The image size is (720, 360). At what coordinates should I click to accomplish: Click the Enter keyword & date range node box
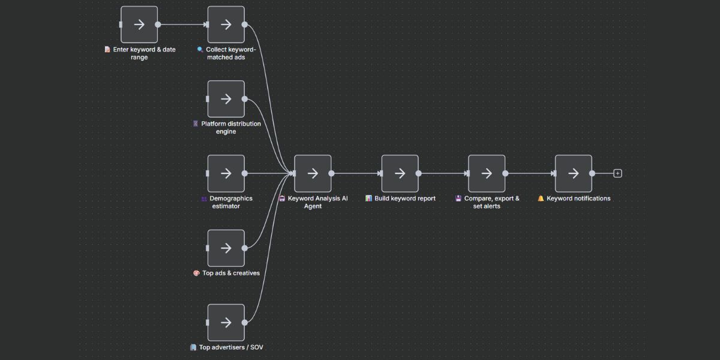[x=139, y=25]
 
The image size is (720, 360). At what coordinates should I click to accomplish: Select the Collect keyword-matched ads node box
[x=226, y=25]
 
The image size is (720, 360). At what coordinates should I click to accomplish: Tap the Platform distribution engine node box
[x=226, y=99]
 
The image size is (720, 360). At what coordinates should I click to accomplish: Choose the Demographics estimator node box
[x=226, y=173]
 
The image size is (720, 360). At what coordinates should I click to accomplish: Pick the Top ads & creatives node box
[x=226, y=248]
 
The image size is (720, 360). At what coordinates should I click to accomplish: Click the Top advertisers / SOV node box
[x=226, y=322]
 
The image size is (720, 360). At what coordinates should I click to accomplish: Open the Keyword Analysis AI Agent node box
[x=313, y=173]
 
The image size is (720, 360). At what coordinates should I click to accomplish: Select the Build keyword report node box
[x=400, y=173]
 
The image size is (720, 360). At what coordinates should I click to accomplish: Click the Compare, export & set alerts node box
[x=487, y=173]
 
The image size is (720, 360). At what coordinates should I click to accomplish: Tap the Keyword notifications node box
[x=573, y=173]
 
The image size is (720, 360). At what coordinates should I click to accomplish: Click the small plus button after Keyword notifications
[x=617, y=173]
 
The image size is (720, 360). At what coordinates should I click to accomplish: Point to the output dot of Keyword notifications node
[x=592, y=173]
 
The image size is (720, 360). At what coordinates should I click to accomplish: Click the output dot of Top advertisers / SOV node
[x=245, y=322]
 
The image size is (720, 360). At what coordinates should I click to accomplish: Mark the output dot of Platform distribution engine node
[x=245, y=99]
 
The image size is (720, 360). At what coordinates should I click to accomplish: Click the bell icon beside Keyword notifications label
[x=541, y=199]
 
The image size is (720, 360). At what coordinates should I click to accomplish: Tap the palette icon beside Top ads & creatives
[x=196, y=273]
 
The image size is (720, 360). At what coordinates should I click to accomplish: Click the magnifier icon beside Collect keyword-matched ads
[x=200, y=50]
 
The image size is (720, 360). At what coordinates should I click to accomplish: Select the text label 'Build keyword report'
[x=405, y=199]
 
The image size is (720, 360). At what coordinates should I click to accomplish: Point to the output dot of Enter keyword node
[x=158, y=25]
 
